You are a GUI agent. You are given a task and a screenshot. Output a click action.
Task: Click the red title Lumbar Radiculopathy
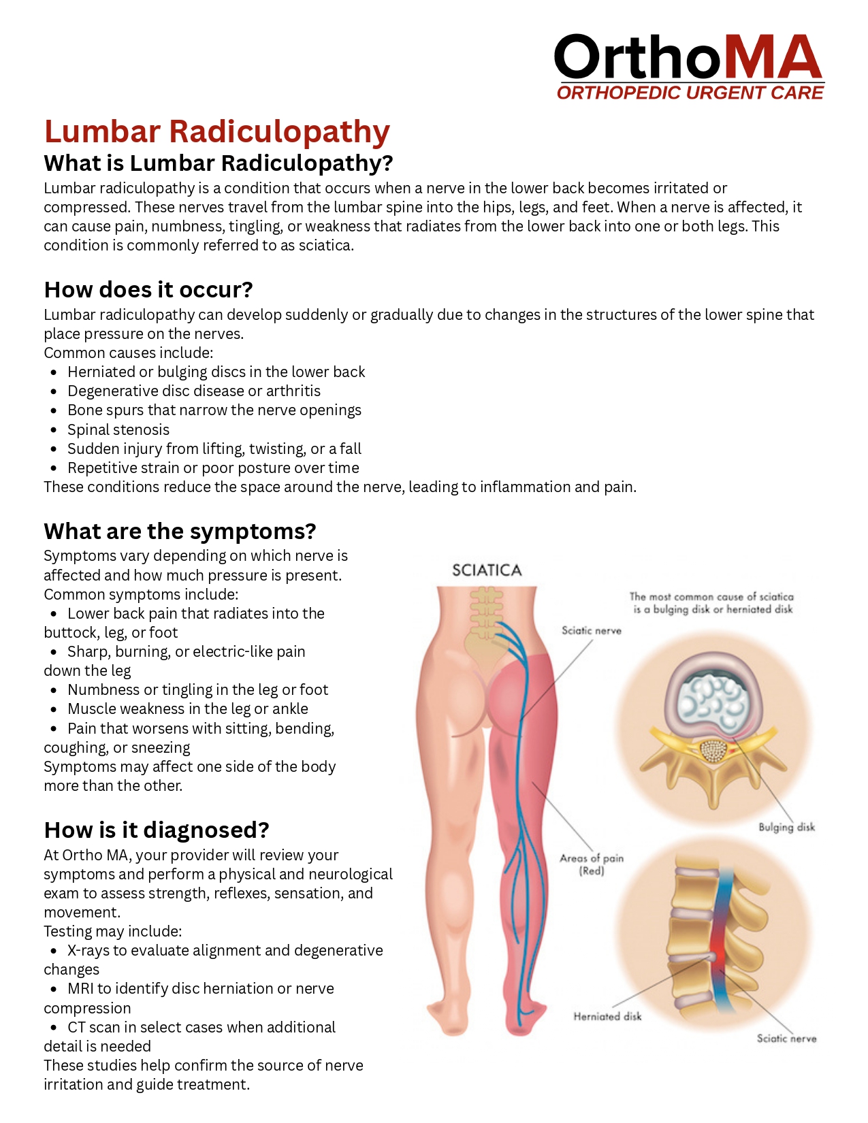pyautogui.click(x=217, y=131)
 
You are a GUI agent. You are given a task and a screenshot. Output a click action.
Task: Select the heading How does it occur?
pyautogui.click(x=148, y=290)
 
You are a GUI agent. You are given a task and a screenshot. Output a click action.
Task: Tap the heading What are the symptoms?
pyautogui.click(x=180, y=531)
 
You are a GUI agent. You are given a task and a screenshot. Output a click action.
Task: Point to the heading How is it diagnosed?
pyautogui.click(x=157, y=830)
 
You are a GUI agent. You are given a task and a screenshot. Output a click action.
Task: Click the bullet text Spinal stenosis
pyautogui.click(x=118, y=429)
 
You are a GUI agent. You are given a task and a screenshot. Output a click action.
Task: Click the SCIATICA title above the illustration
pyautogui.click(x=487, y=570)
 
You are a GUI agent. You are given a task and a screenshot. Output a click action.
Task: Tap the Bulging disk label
pyautogui.click(x=786, y=827)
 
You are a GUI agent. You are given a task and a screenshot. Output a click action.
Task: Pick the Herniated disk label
pyautogui.click(x=607, y=1016)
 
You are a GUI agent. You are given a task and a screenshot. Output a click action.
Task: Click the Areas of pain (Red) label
pyautogui.click(x=592, y=864)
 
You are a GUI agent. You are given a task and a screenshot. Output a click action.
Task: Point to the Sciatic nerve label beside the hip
pyautogui.click(x=591, y=630)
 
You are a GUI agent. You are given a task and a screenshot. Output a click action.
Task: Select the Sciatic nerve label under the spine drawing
pyautogui.click(x=786, y=1038)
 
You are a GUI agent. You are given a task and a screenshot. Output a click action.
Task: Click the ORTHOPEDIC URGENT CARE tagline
pyautogui.click(x=690, y=93)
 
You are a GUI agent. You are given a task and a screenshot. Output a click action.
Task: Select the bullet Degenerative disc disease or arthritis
pyautogui.click(x=194, y=391)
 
